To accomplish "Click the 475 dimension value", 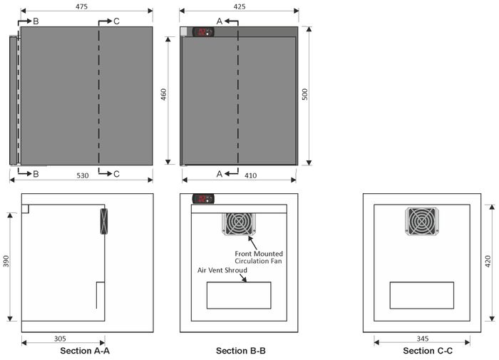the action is [81, 6].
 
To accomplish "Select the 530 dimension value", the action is [83, 175].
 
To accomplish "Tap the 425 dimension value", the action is [240, 6].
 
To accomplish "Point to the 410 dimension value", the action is [250, 175].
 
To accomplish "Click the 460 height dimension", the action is [163, 95].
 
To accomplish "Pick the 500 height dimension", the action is [304, 95].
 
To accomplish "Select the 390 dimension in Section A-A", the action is [6, 261].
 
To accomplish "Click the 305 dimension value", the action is [60, 339].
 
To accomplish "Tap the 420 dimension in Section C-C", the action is [488, 261].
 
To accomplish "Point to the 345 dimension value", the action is [422, 339].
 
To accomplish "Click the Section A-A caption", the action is [85, 351].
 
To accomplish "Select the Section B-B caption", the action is [241, 351].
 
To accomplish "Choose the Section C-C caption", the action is [428, 351].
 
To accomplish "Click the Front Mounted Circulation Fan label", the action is [259, 257].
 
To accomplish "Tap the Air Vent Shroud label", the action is [222, 270].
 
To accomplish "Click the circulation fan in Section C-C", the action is [422, 221].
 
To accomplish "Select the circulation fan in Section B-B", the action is [239, 224].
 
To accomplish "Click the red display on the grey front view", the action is [202, 31].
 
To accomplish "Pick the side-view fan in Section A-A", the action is [104, 221].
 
